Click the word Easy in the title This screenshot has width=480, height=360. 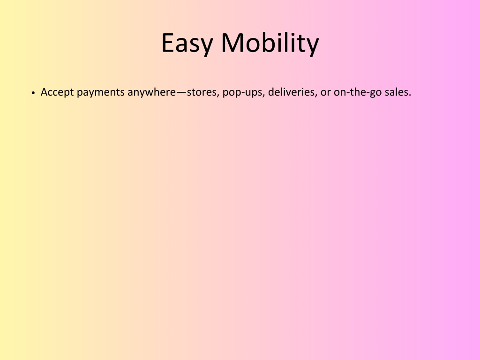(187, 44)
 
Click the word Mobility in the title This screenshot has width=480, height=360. (270, 44)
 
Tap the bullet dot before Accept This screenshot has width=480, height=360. (33, 92)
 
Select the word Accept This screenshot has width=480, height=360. (57, 92)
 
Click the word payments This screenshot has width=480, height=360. (100, 92)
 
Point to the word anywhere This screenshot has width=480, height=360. (152, 92)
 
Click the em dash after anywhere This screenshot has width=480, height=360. (181, 92)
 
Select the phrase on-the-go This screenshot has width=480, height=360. (358, 92)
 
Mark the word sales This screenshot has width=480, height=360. (396, 92)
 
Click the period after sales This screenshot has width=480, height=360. (410, 95)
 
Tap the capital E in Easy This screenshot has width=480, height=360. (168, 43)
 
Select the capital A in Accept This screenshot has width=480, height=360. (45, 92)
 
